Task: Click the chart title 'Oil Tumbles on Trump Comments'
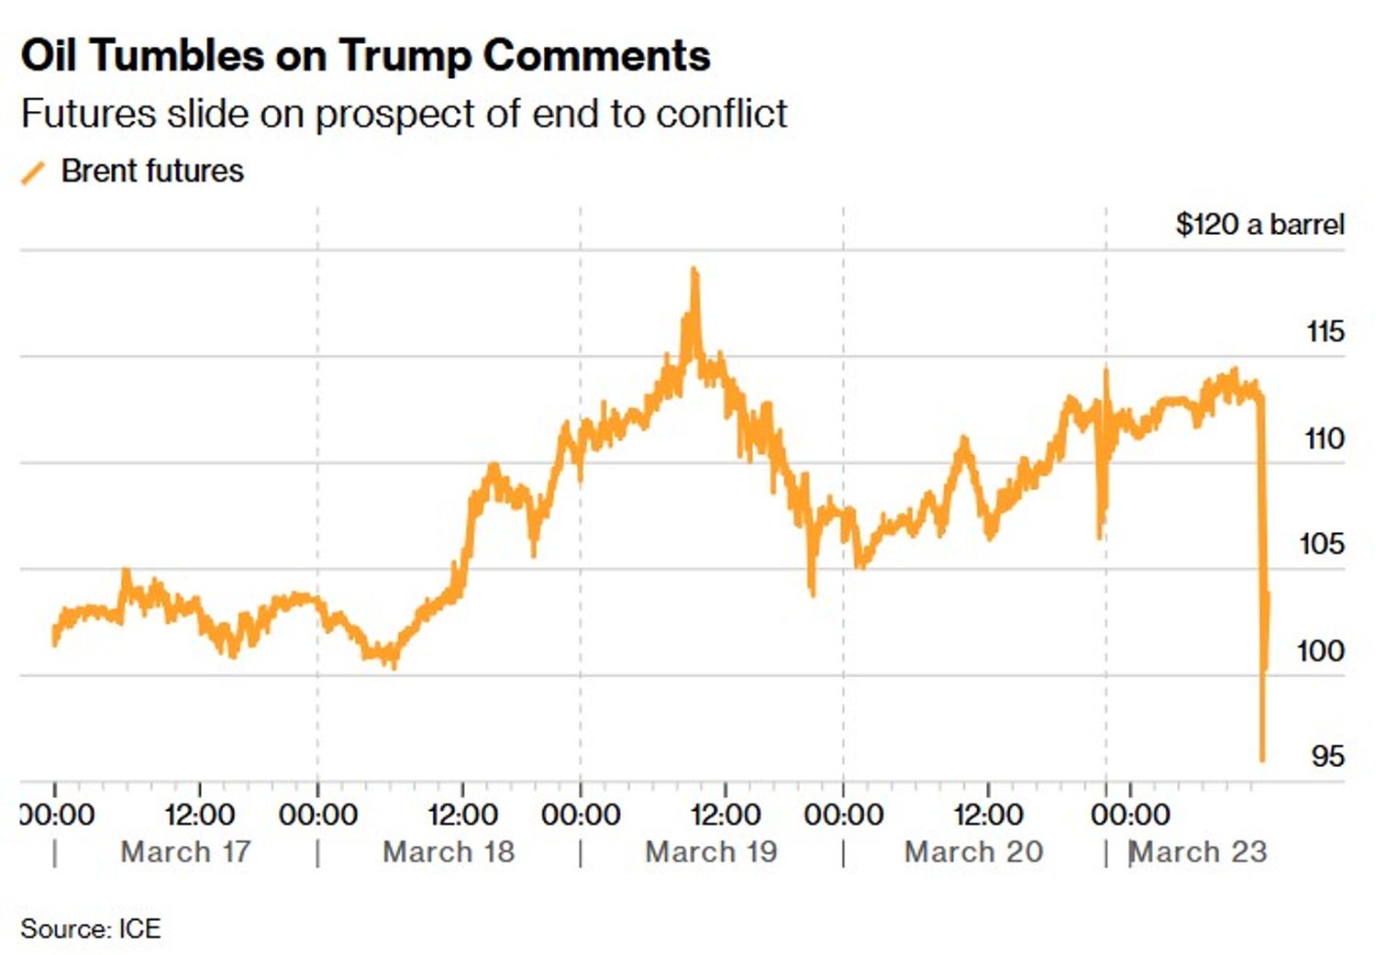tap(365, 55)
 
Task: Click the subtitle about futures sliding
tap(404, 114)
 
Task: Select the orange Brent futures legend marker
tap(33, 172)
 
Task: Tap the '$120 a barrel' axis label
tap(1259, 225)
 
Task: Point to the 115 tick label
tap(1325, 331)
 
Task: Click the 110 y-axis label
tap(1325, 439)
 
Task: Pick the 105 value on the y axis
tap(1322, 544)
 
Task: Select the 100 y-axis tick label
tap(1320, 651)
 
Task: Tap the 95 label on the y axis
tap(1327, 757)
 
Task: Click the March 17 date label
tap(185, 852)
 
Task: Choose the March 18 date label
tap(449, 852)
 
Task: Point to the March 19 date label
tap(711, 852)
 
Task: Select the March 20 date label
tap(973, 852)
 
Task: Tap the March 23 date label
tap(1198, 852)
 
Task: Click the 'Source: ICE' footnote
tap(91, 928)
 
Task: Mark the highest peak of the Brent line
tap(694, 271)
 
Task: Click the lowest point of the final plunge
tap(1262, 759)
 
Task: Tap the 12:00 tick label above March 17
tap(199, 815)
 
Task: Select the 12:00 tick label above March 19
tap(725, 815)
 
